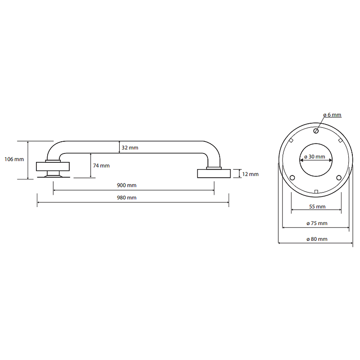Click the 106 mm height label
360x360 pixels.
(14, 159)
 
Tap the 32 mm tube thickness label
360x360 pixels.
(130, 148)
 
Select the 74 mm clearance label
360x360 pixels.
(101, 166)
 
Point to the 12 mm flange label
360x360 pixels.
(250, 174)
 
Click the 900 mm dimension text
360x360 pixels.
(127, 185)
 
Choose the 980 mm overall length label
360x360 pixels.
(127, 198)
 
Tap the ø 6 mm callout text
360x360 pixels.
(332, 115)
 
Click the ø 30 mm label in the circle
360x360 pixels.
(315, 157)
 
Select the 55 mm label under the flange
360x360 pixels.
(317, 207)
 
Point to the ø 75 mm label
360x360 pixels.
(317, 223)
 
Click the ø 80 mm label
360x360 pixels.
(317, 239)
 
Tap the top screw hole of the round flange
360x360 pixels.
(316, 131)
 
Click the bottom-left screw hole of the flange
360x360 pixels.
(292, 178)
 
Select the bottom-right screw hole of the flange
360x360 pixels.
(339, 178)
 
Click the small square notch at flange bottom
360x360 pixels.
(316, 192)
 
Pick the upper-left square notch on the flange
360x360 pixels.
(291, 140)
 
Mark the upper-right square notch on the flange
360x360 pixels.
(341, 140)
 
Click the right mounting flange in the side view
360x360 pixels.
(214, 173)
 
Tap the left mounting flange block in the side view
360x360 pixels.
(53, 166)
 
